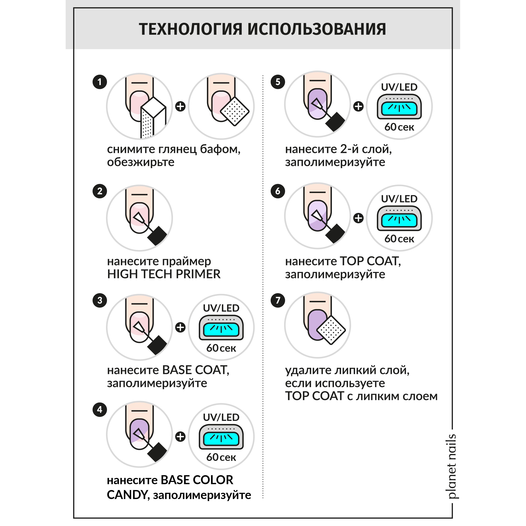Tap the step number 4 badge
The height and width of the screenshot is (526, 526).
point(100,409)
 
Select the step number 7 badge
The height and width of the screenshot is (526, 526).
point(278,300)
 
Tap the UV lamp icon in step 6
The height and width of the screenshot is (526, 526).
point(399,218)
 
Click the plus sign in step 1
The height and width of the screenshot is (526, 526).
point(180,106)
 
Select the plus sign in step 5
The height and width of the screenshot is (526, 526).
point(358,106)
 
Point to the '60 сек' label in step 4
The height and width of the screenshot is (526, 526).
point(221,457)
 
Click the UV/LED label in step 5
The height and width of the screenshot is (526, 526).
point(399,87)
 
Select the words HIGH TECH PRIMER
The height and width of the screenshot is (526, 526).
point(164,274)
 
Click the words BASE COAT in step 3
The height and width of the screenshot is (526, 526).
point(195,370)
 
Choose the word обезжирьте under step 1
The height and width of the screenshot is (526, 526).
point(141,162)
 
